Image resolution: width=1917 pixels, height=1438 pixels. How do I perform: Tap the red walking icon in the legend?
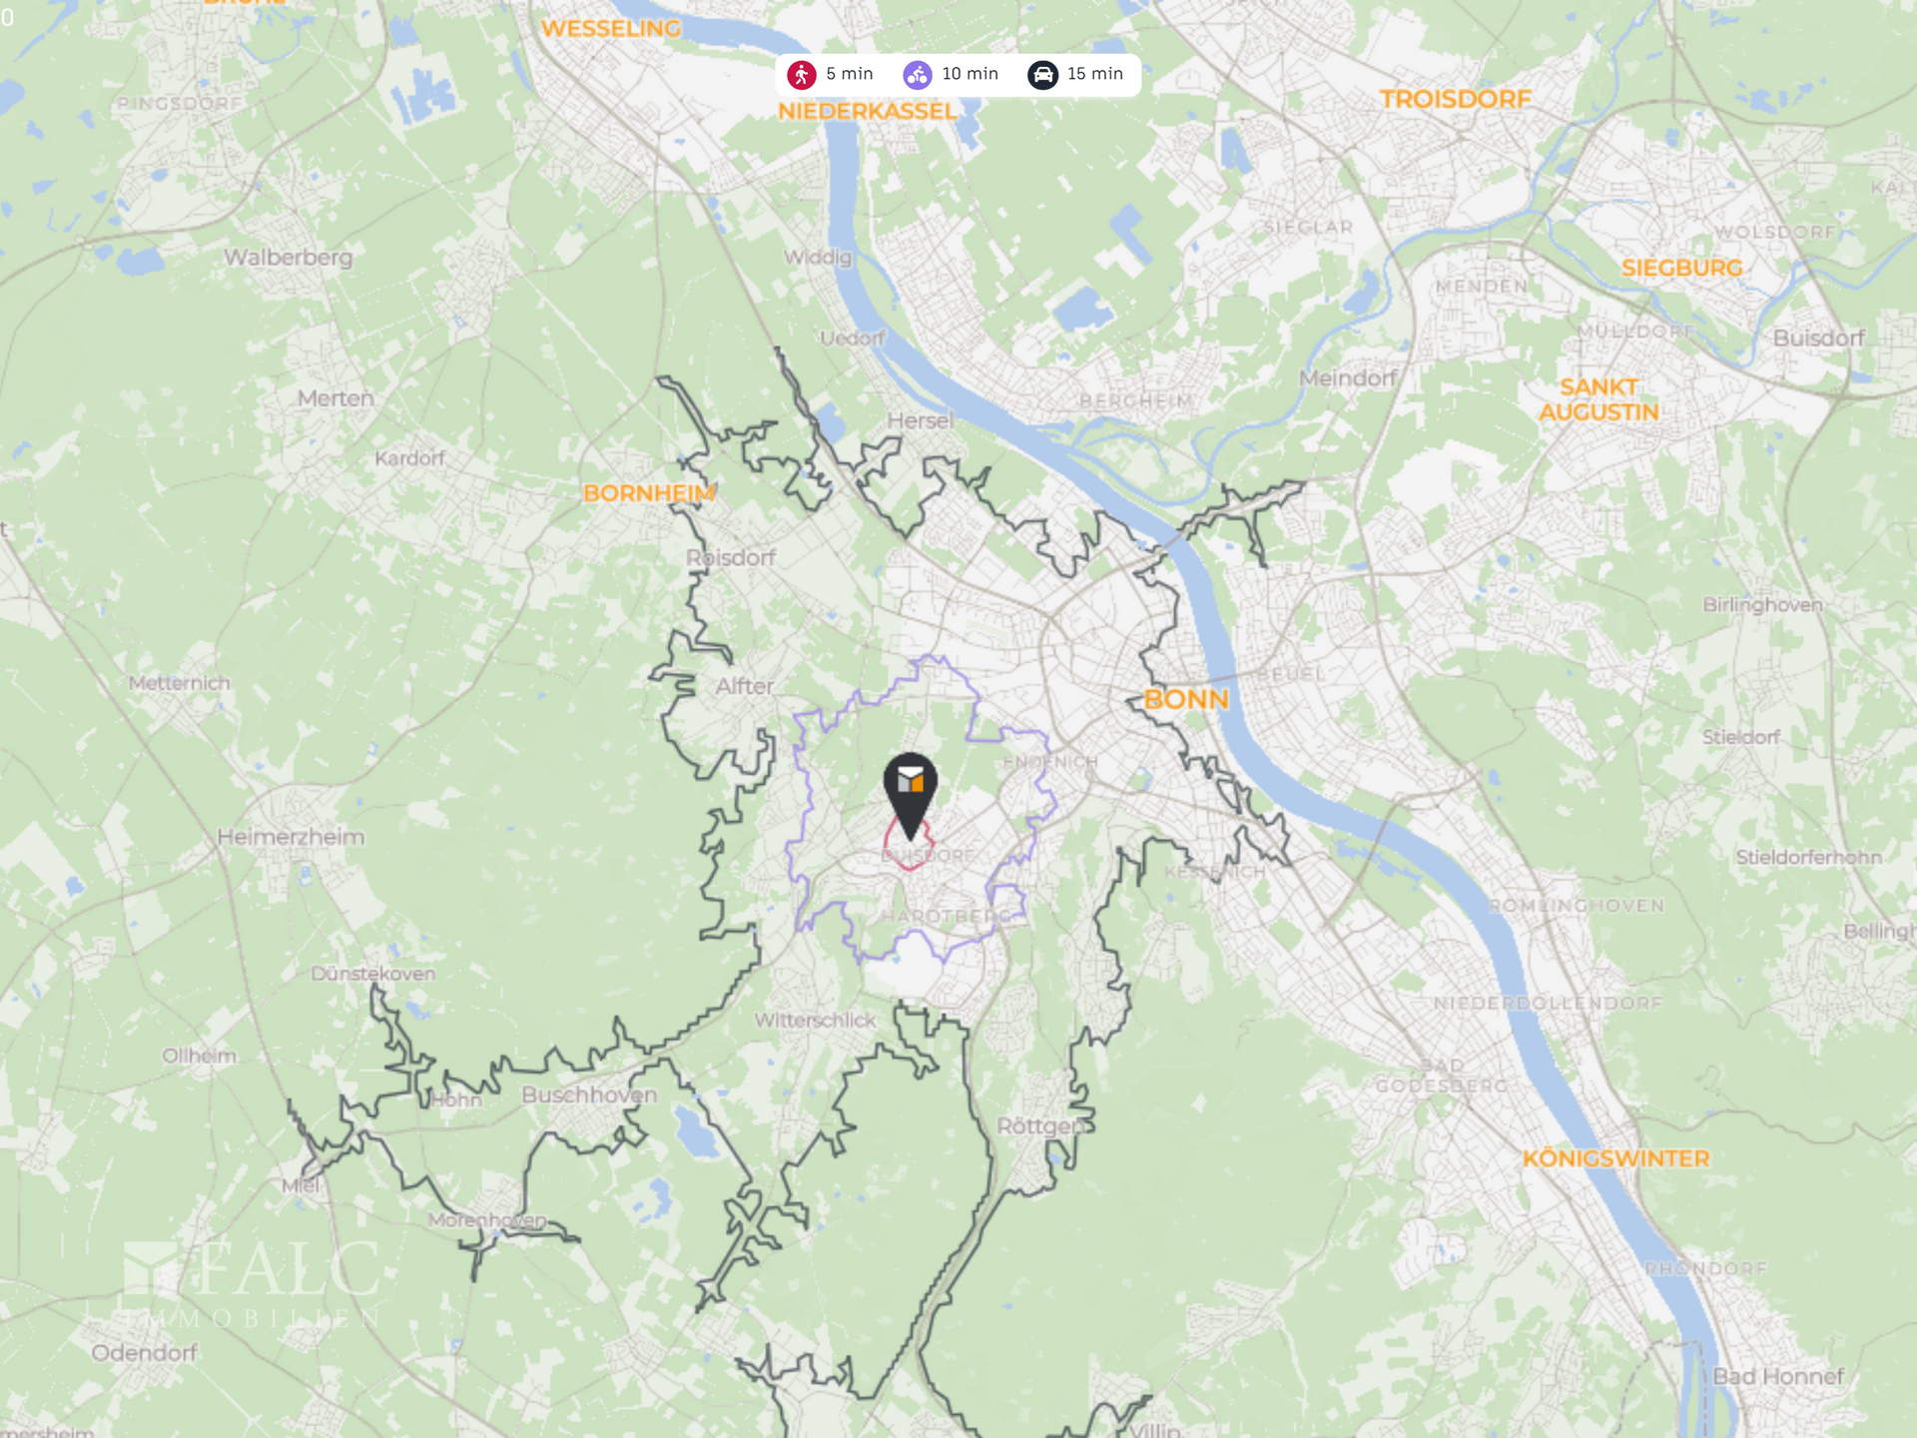(802, 75)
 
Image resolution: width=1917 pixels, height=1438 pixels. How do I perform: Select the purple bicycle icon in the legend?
(918, 75)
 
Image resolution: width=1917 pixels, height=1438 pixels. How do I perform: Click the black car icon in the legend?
(1042, 75)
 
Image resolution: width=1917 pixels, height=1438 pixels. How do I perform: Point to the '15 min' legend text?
(1094, 74)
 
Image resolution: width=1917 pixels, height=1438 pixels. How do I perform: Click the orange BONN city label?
(1185, 699)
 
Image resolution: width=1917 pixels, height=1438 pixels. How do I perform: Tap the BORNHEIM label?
(649, 493)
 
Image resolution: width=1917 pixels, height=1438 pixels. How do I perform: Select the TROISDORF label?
(1455, 99)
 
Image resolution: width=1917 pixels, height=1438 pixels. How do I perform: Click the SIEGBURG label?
(1681, 268)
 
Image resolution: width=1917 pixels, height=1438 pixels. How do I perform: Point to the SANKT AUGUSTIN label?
(1598, 399)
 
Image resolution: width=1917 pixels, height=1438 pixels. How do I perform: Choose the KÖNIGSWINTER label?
(1615, 1158)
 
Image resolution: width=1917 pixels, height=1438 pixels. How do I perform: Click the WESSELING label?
(610, 28)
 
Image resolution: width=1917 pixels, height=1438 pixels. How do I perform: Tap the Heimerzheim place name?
(291, 837)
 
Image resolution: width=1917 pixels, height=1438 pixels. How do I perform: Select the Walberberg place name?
(288, 258)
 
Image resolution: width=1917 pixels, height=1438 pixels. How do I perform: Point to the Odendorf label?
(144, 1353)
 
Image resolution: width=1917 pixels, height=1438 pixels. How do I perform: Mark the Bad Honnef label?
(1778, 1376)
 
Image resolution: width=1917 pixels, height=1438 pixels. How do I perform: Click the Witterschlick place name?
(815, 1021)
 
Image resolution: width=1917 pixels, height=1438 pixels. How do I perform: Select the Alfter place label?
(745, 687)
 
